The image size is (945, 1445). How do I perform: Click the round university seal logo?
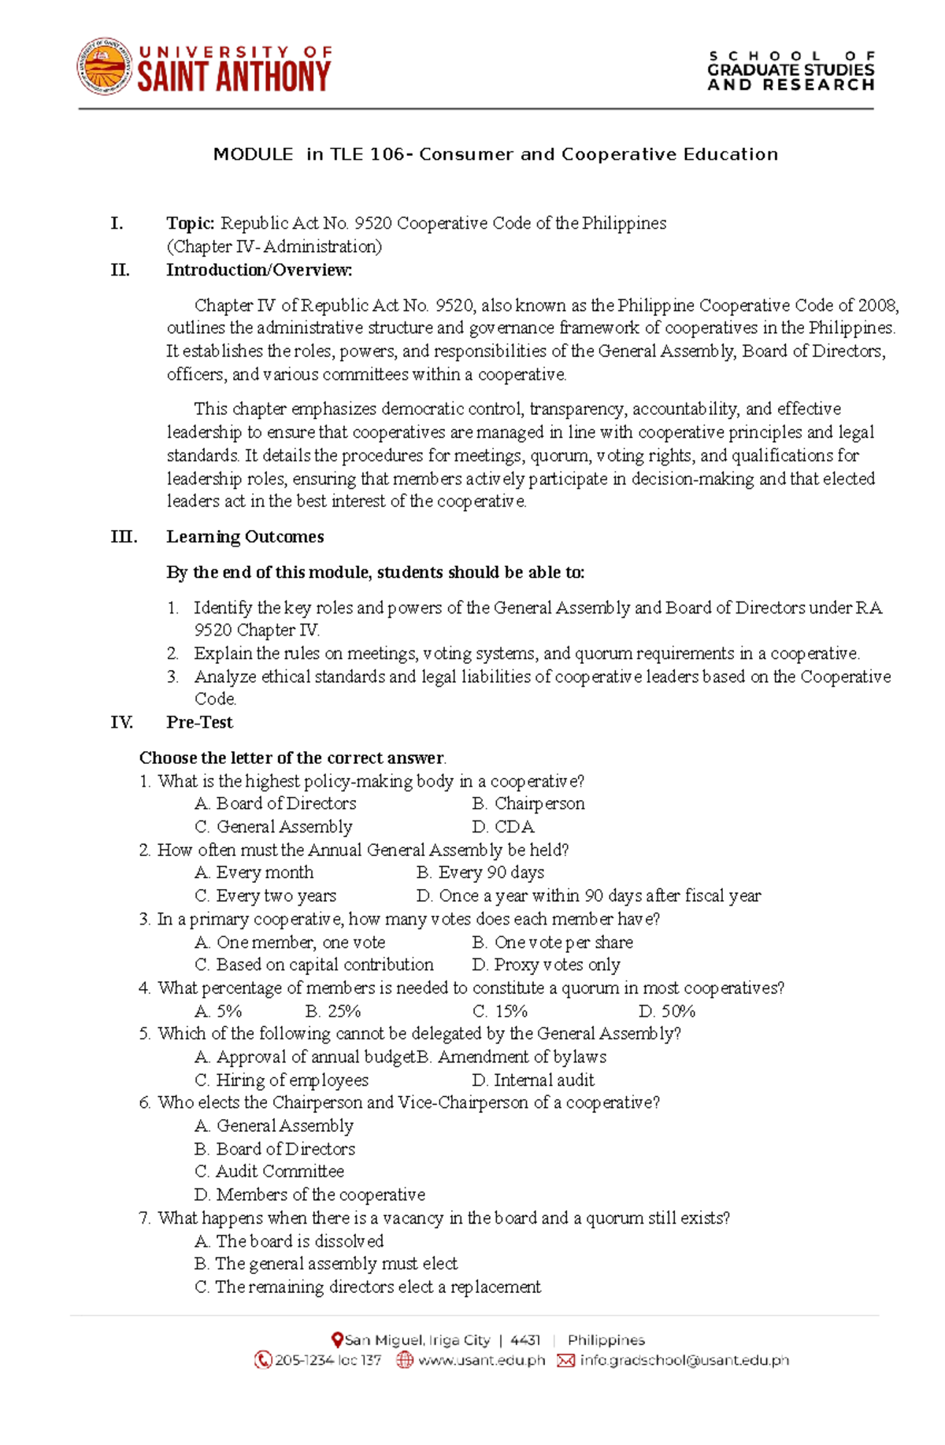click(104, 67)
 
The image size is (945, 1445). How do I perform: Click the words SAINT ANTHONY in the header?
click(234, 77)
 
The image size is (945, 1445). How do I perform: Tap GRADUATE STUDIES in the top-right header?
click(791, 70)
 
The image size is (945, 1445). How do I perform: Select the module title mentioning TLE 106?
click(495, 154)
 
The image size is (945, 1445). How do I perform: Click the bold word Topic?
click(190, 224)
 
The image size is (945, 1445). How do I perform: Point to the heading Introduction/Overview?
click(259, 270)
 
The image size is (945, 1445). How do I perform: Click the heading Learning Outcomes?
click(245, 537)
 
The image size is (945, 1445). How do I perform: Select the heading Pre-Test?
click(199, 723)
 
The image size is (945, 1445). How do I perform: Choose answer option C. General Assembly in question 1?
click(273, 827)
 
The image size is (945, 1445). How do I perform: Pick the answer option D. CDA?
click(503, 827)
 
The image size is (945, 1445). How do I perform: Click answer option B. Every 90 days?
click(480, 873)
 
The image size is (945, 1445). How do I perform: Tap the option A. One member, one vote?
click(290, 943)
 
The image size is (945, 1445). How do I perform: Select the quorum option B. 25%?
click(333, 1011)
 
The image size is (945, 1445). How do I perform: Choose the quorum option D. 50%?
click(667, 1011)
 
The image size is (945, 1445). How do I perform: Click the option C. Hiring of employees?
click(281, 1080)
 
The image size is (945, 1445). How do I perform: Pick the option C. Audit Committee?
click(269, 1172)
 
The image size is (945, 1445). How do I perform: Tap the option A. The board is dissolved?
click(289, 1241)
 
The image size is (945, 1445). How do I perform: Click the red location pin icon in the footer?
click(337, 1339)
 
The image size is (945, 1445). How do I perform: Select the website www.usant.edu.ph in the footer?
click(481, 1360)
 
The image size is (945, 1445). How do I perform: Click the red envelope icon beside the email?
click(565, 1360)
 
